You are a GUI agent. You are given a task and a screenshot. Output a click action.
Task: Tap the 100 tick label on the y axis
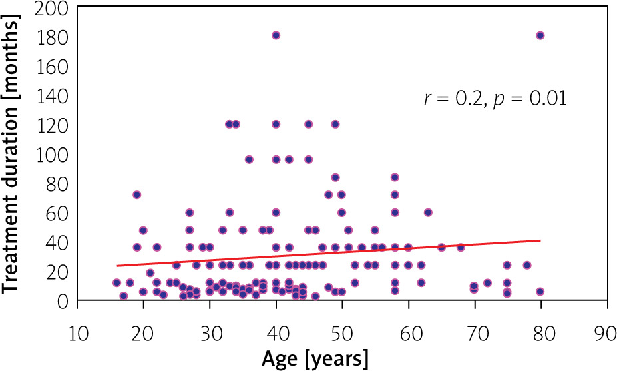(x=55, y=155)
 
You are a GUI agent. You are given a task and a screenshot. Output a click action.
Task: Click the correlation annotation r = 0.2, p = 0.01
(x=495, y=99)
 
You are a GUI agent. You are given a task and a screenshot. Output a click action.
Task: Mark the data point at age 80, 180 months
(x=540, y=35)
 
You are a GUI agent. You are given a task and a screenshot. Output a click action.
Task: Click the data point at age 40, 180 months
(x=276, y=35)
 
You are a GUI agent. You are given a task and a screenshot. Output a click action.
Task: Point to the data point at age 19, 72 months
(x=136, y=194)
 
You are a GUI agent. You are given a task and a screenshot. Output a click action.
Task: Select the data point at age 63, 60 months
(x=428, y=212)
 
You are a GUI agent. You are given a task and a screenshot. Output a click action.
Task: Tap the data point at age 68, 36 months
(x=461, y=247)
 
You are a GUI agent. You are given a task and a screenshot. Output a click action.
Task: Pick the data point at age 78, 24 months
(x=527, y=265)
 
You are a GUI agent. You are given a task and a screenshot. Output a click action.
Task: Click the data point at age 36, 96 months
(x=249, y=159)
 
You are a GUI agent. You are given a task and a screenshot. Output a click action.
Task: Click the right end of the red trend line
(x=540, y=240)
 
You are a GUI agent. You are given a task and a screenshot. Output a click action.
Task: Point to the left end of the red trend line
(x=117, y=266)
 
